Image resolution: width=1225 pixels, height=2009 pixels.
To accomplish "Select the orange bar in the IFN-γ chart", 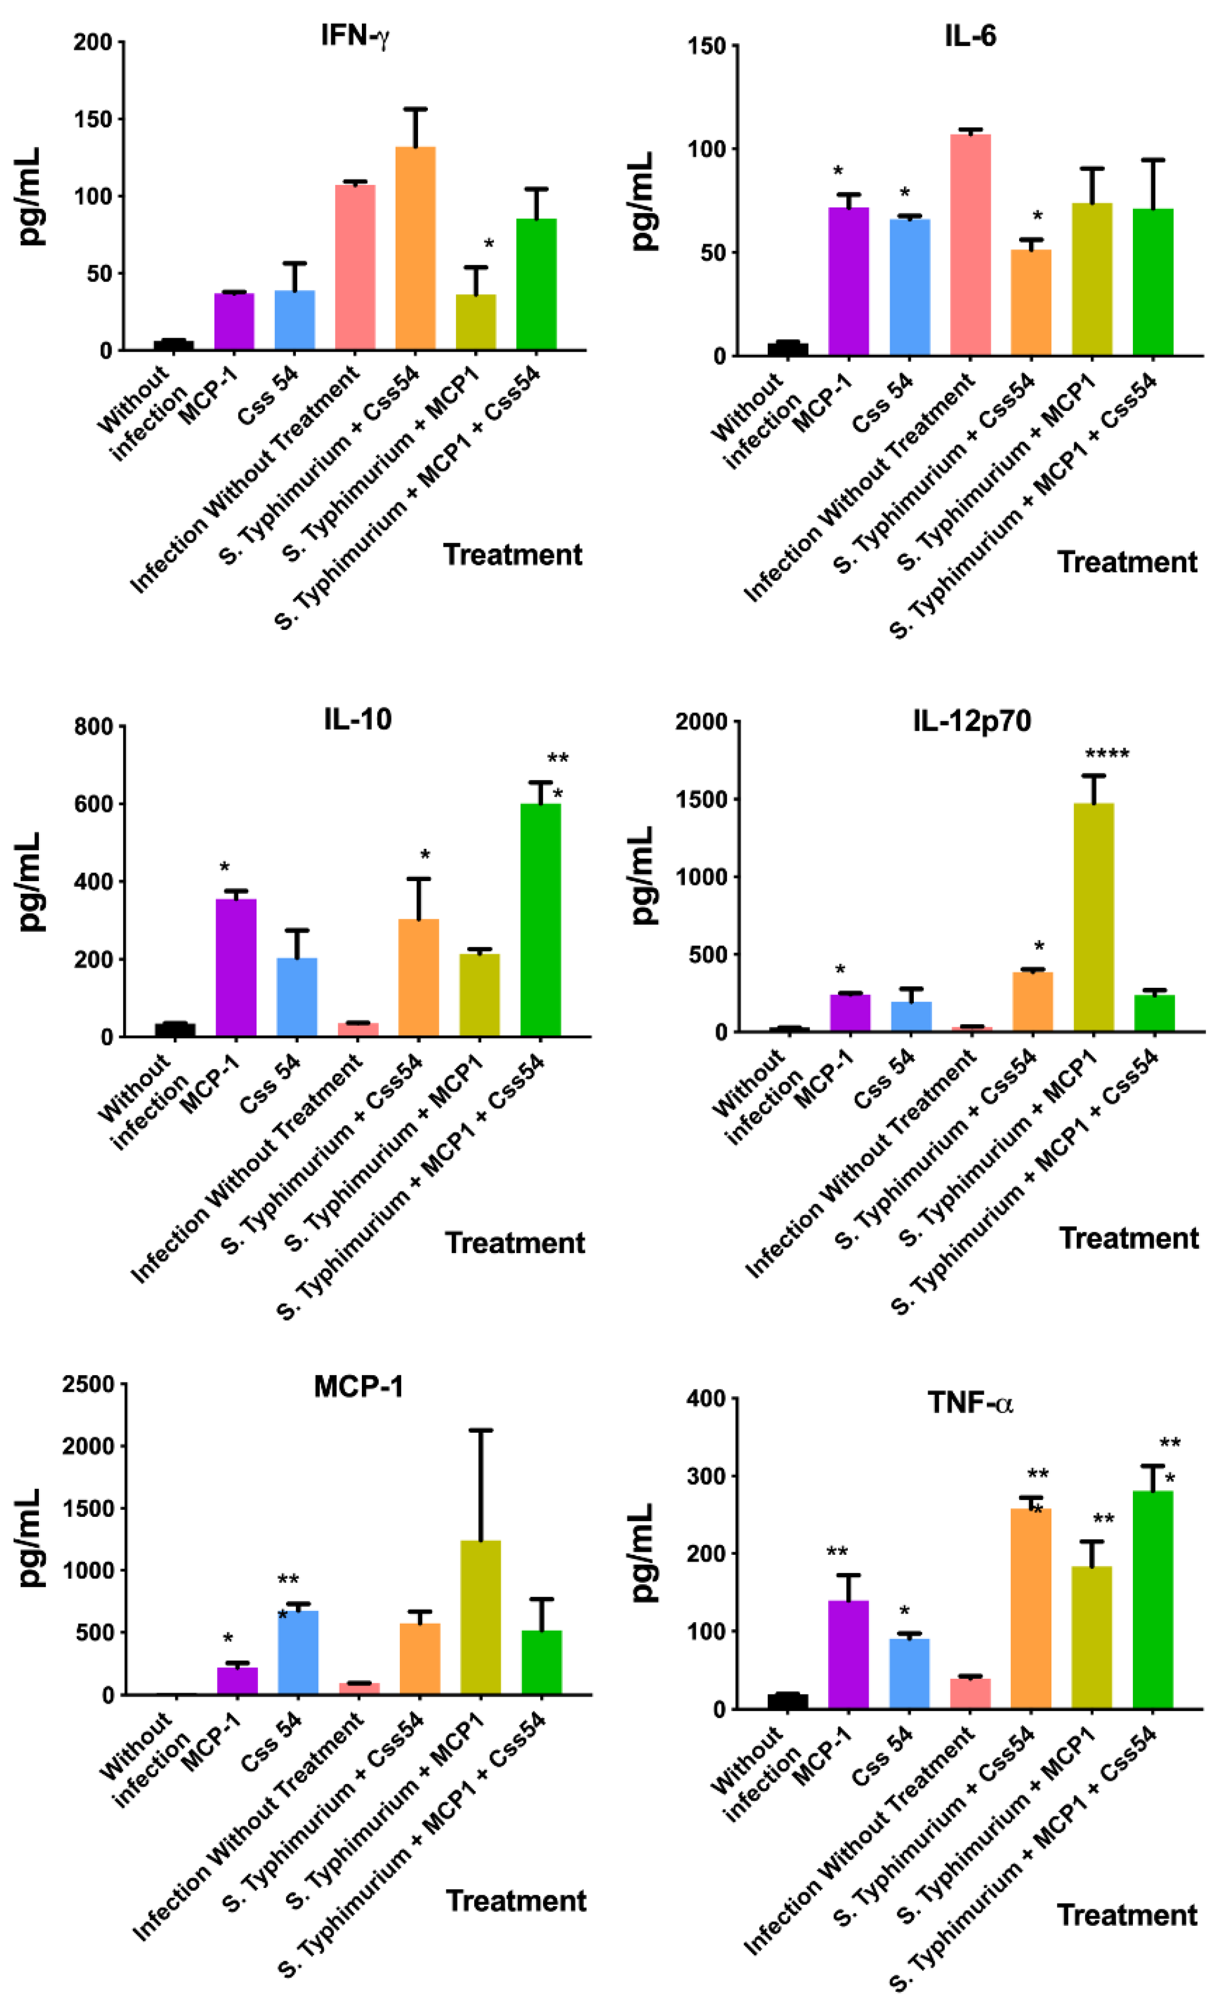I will click(415, 249).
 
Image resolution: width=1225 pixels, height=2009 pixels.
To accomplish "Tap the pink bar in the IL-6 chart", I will click(970, 245).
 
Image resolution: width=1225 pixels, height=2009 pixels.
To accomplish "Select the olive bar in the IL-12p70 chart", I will click(1094, 917).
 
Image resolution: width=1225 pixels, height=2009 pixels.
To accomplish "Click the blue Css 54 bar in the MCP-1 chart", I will click(298, 1654).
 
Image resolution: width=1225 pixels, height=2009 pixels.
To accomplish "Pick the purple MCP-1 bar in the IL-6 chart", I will click(848, 282).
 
